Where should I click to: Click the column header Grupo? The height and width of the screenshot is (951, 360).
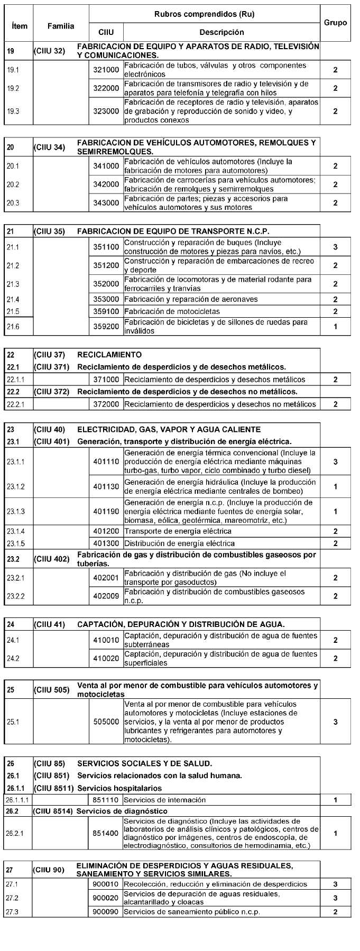pyautogui.click(x=335, y=23)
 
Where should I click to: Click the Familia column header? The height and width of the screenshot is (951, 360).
pyautogui.click(x=61, y=26)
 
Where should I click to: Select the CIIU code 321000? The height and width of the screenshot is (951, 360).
pyautogui.click(x=106, y=70)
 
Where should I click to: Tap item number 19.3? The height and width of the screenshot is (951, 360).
pyautogui.click(x=13, y=112)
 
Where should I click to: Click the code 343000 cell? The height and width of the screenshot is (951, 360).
pyautogui.click(x=106, y=203)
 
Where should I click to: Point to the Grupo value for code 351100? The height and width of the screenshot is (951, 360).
pyautogui.click(x=335, y=247)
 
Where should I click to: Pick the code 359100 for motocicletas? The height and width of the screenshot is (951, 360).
pyautogui.click(x=106, y=311)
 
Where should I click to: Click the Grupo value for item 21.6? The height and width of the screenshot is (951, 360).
pyautogui.click(x=335, y=327)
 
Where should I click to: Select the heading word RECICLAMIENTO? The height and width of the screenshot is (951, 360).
pyautogui.click(x=109, y=355)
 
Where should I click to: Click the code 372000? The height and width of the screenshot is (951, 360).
pyautogui.click(x=106, y=404)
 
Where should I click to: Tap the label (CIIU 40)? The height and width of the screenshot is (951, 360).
pyautogui.click(x=49, y=430)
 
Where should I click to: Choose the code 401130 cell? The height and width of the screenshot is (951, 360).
pyautogui.click(x=106, y=486)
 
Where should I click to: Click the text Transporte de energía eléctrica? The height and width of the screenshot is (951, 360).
pyautogui.click(x=178, y=531)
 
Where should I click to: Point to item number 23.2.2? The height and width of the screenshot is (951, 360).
pyautogui.click(x=16, y=596)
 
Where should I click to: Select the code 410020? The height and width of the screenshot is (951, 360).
pyautogui.click(x=106, y=659)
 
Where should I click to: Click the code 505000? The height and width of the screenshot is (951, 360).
pyautogui.click(x=106, y=722)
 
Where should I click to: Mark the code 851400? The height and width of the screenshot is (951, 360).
pyautogui.click(x=106, y=833)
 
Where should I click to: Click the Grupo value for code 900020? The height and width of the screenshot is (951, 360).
pyautogui.click(x=335, y=898)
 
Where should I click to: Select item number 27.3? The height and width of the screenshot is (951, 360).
pyautogui.click(x=13, y=912)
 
